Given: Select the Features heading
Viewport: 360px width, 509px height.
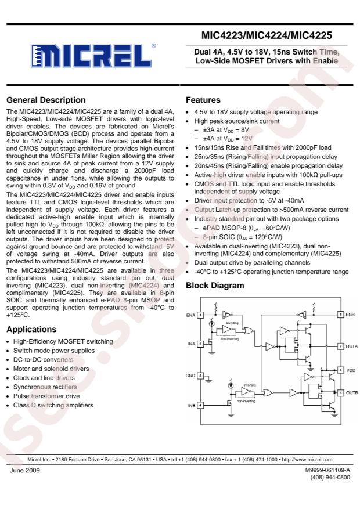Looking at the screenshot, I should coord(203,100).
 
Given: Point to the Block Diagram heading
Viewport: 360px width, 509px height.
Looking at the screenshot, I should coord(215,286).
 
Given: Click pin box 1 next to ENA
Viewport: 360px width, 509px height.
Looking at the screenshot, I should coord(200,315).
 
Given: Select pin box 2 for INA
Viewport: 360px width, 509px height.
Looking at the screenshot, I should coord(200,344).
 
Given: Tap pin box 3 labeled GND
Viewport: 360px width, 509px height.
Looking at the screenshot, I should coord(200,376).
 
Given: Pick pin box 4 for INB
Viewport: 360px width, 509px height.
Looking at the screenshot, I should coord(200,405).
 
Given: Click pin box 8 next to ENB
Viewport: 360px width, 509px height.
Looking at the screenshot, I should coord(341,315).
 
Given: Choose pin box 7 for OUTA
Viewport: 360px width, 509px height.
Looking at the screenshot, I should coord(341,346).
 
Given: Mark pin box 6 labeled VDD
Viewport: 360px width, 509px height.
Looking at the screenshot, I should coord(341,370).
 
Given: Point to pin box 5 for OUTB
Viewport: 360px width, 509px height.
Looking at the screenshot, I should coord(341,392).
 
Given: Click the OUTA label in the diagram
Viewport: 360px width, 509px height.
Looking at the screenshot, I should coord(352,346).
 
